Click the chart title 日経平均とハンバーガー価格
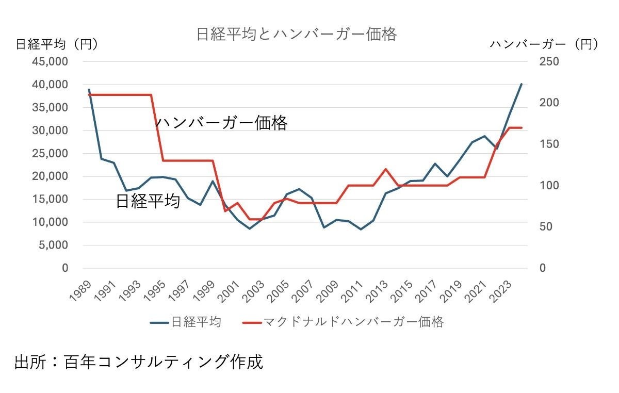[x=296, y=35]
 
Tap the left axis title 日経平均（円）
[x=57, y=44]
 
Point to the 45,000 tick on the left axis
[x=51, y=62]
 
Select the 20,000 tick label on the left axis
[x=51, y=176]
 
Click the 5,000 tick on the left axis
[x=54, y=245]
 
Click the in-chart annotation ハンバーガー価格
[x=221, y=123]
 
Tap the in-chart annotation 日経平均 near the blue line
[x=148, y=201]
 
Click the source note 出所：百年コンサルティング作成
[x=138, y=362]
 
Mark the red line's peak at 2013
[x=385, y=169]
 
